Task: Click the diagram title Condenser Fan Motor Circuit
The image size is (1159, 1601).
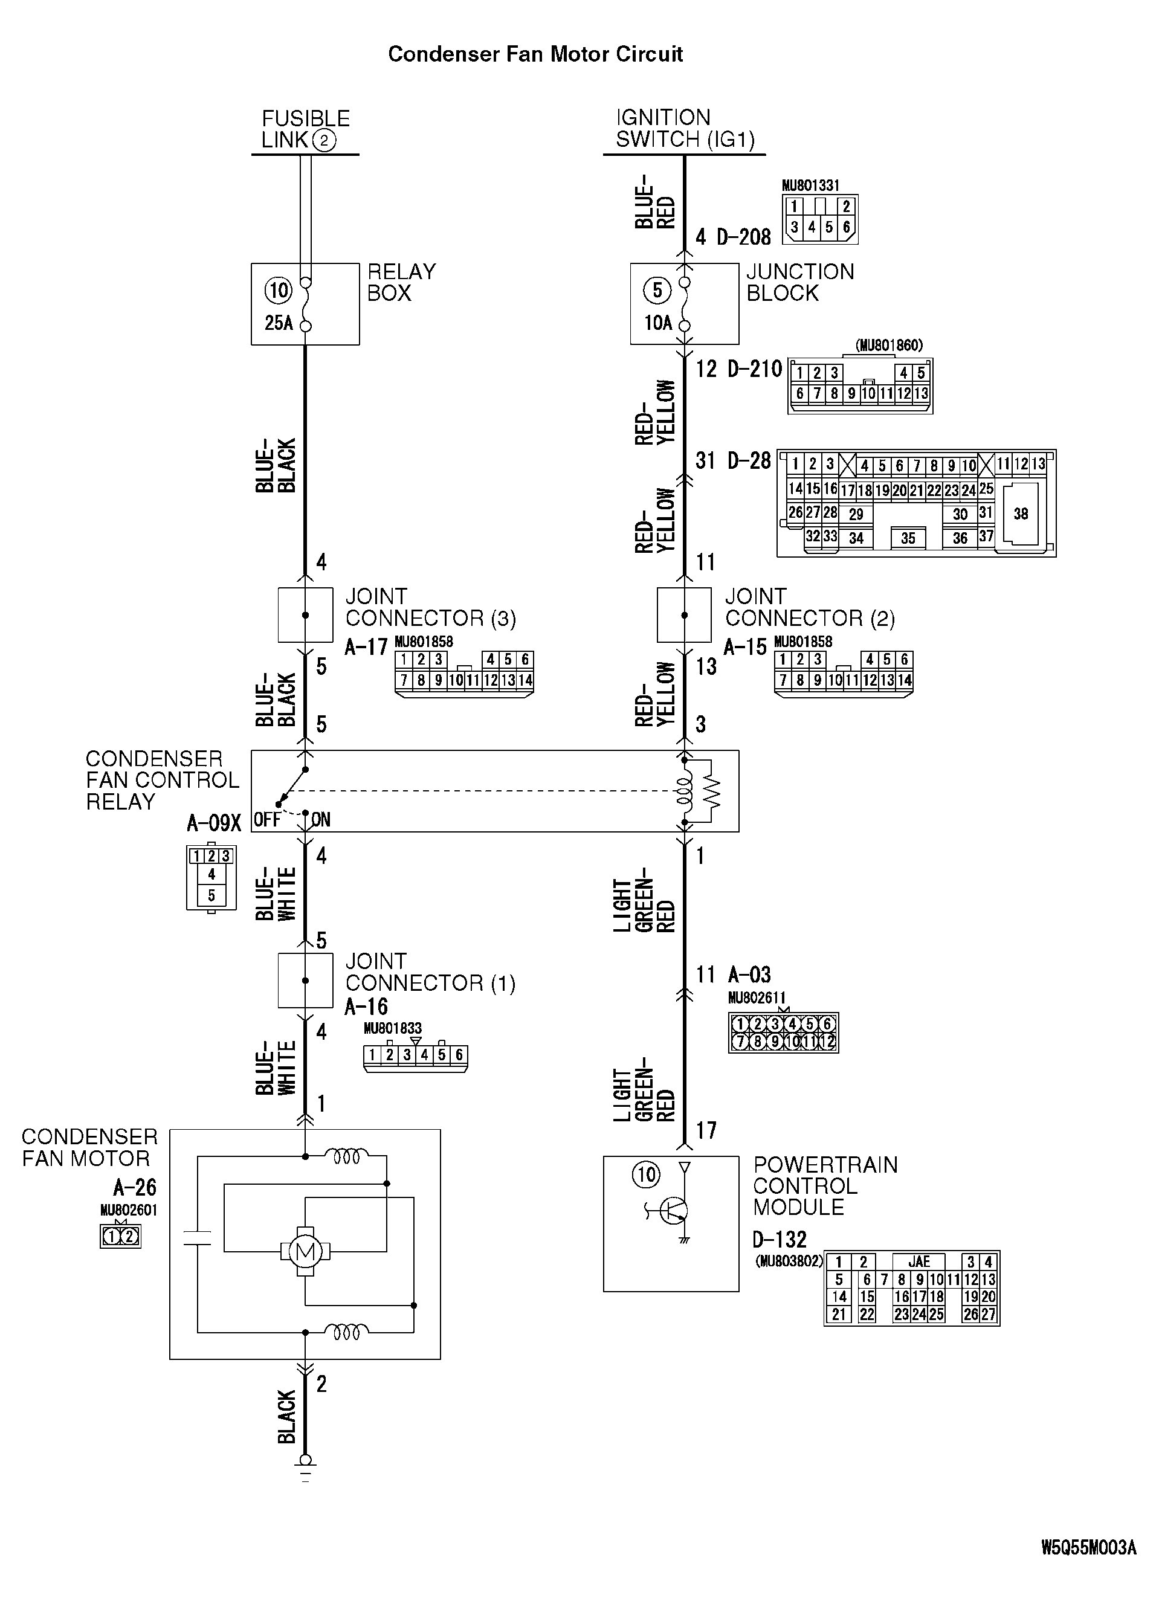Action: point(535,54)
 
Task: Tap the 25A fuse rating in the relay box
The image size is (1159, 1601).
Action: point(279,323)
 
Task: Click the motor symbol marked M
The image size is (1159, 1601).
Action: point(305,1252)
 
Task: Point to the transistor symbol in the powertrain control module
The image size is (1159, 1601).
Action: point(674,1211)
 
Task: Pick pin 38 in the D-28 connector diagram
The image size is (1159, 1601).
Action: point(1020,514)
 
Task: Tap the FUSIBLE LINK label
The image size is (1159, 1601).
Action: point(305,129)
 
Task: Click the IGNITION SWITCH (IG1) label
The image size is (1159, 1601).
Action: point(685,129)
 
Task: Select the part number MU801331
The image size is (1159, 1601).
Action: point(810,185)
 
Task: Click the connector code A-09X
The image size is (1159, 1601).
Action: point(214,823)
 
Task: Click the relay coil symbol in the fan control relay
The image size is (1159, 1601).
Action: point(683,791)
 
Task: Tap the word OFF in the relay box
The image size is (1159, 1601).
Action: point(266,820)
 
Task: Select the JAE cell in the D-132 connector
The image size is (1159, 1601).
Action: point(918,1261)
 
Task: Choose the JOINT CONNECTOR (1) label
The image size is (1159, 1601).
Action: point(430,972)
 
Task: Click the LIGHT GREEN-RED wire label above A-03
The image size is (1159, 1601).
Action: point(644,906)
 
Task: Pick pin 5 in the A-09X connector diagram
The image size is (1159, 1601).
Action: point(211,896)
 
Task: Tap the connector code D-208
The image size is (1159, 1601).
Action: point(743,237)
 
